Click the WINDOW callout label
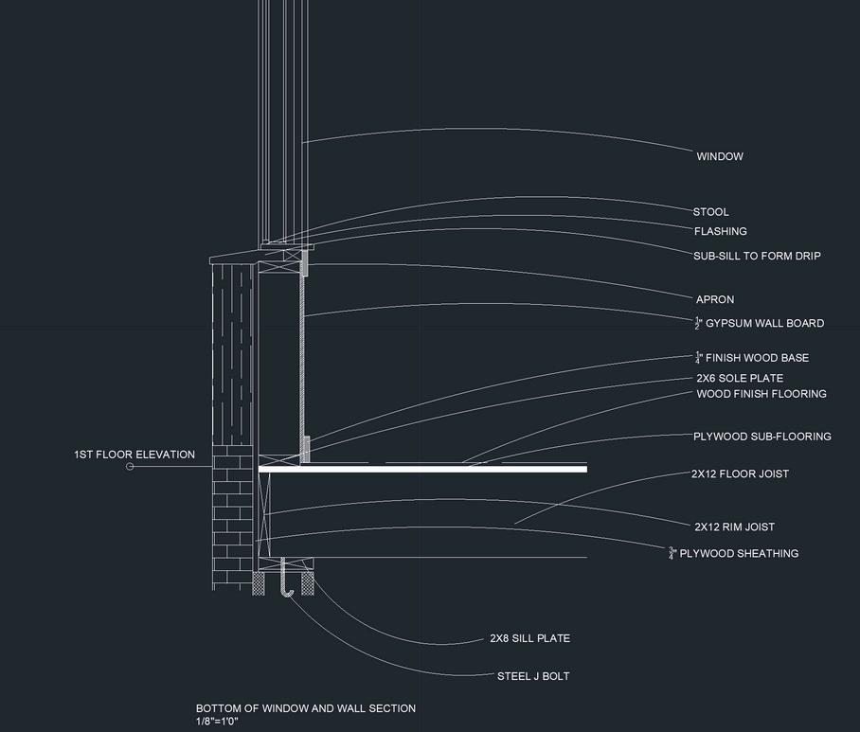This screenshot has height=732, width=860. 720,156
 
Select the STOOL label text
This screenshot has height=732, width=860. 710,212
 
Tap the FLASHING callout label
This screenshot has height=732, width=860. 720,231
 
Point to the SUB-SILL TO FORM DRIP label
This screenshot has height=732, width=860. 757,256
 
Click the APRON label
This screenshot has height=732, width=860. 715,300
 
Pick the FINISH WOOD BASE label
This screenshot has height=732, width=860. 752,358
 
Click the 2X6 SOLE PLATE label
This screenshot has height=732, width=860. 740,379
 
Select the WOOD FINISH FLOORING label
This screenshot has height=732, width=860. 761,394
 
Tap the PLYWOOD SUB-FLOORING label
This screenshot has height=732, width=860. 761,437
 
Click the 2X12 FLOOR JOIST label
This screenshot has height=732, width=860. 740,473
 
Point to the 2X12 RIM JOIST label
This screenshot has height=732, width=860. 734,527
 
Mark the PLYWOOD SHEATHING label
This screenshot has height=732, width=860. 734,553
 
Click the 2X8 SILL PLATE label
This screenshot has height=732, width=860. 529,638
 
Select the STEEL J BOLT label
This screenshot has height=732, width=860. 532,676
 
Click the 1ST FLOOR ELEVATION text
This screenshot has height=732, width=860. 134,455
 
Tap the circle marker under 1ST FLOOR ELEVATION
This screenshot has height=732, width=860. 130,466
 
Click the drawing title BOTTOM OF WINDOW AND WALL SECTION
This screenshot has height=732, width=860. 305,708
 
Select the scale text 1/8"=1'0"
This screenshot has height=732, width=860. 217,722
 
